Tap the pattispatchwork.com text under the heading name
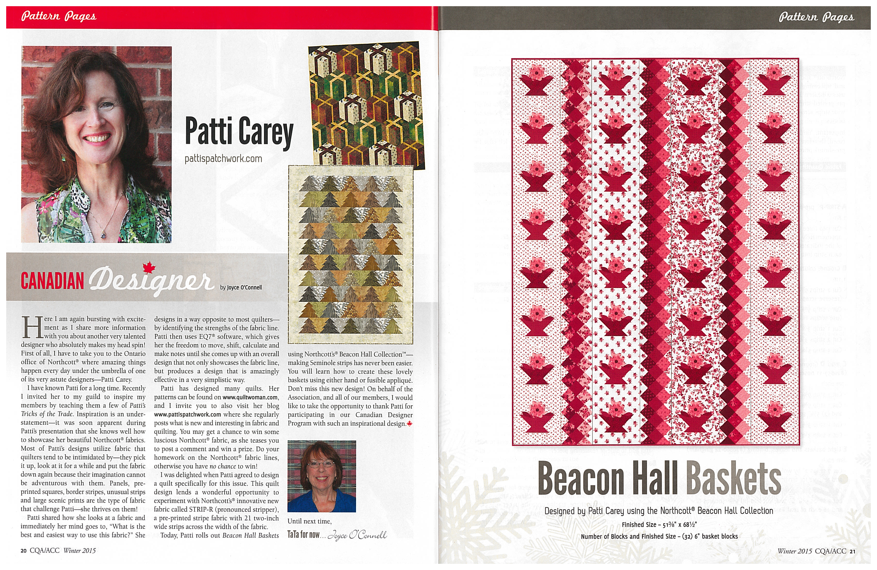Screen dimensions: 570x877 click(223, 159)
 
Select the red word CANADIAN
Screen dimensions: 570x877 click(52, 281)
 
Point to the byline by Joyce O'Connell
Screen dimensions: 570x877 click(241, 287)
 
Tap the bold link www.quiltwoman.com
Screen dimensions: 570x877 click(250, 397)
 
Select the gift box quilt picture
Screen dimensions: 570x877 click(366, 105)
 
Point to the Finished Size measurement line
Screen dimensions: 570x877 click(659, 524)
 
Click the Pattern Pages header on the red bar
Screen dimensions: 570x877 click(59, 17)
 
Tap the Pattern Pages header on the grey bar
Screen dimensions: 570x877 click(816, 17)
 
